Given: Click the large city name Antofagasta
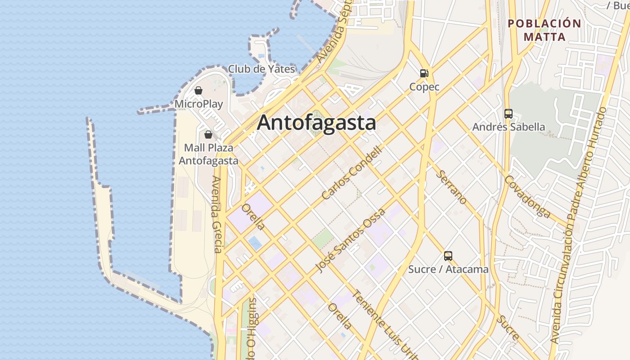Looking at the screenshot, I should [316, 122].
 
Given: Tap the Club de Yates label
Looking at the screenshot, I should [261, 69].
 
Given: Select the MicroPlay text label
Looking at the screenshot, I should [198, 104].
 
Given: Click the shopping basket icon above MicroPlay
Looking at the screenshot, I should [198, 90].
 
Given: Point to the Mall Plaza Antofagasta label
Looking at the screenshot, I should [209, 154].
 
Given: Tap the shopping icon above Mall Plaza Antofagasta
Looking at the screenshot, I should [208, 134].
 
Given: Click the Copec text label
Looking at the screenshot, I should [424, 86].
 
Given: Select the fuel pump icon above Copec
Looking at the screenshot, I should [424, 73].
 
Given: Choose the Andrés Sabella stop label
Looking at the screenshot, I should [508, 127].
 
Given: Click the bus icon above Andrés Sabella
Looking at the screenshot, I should [508, 113].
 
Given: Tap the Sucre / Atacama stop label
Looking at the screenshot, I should [448, 269].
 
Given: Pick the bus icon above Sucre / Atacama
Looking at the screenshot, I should [448, 256].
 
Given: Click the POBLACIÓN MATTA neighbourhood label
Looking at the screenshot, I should [544, 30].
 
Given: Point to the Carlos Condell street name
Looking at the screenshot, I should [352, 173].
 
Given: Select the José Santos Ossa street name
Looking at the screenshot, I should [350, 240].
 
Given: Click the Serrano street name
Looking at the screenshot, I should [452, 187].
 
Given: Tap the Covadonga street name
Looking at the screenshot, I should [527, 197].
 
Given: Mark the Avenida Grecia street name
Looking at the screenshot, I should [217, 214].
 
